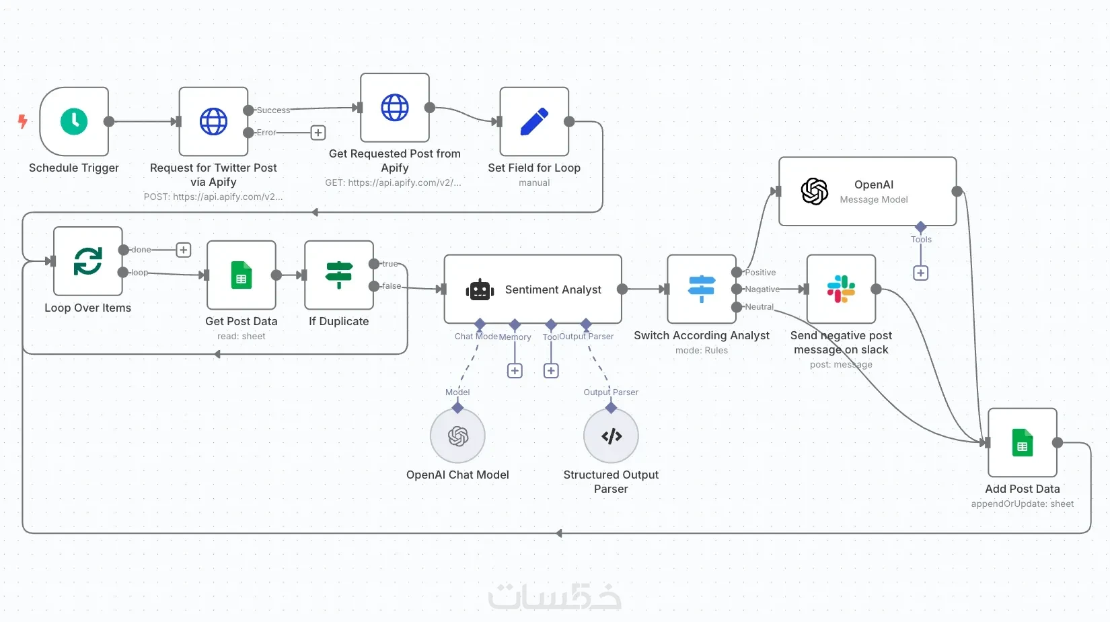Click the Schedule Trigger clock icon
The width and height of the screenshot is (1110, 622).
(74, 122)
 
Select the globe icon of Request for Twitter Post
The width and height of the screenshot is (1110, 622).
(213, 122)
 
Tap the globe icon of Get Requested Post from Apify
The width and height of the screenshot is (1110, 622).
(395, 108)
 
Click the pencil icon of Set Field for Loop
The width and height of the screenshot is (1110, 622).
(534, 122)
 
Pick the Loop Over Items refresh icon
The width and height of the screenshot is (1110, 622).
(88, 261)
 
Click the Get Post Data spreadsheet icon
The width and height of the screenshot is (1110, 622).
(242, 275)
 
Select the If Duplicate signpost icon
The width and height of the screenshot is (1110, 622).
(339, 275)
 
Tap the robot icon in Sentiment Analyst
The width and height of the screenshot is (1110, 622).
(480, 289)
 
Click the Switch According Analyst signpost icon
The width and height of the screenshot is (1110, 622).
(702, 289)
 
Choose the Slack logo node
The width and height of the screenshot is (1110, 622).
(841, 289)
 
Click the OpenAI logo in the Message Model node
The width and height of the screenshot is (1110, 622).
(815, 191)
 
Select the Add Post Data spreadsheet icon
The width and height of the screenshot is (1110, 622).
(1023, 443)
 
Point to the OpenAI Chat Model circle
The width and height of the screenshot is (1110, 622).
(458, 436)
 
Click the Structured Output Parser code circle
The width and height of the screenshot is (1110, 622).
(611, 436)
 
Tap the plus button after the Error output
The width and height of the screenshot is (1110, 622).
(318, 133)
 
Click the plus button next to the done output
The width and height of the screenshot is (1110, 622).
(183, 250)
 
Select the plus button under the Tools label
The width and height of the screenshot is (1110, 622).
(921, 273)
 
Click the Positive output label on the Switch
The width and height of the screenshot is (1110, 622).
(760, 273)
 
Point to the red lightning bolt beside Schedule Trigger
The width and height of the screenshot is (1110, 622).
(23, 121)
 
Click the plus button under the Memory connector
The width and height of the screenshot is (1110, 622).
(515, 371)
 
